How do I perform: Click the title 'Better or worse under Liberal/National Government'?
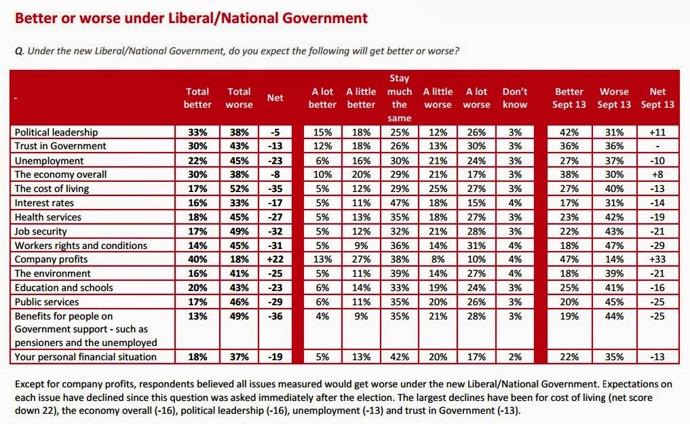pyautogui.click(x=191, y=18)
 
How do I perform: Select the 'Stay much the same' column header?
pyautogui.click(x=399, y=98)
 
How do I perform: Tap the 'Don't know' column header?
pyautogui.click(x=515, y=98)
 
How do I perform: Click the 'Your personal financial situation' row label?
pyautogui.click(x=85, y=357)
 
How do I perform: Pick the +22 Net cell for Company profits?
pyautogui.click(x=275, y=260)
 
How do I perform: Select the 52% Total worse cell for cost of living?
pyautogui.click(x=239, y=189)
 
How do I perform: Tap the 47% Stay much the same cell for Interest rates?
pyautogui.click(x=399, y=203)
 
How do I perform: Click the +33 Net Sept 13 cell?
pyautogui.click(x=657, y=260)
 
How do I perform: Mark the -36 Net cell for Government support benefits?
pyautogui.click(x=275, y=316)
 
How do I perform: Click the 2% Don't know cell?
pyautogui.click(x=515, y=357)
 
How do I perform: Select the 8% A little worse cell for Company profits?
pyautogui.click(x=438, y=260)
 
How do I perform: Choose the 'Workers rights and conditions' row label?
pyautogui.click(x=81, y=246)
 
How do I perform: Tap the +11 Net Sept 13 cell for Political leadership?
pyautogui.click(x=657, y=132)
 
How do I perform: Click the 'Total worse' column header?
pyautogui.click(x=239, y=98)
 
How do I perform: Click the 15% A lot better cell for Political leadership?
pyautogui.click(x=322, y=132)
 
